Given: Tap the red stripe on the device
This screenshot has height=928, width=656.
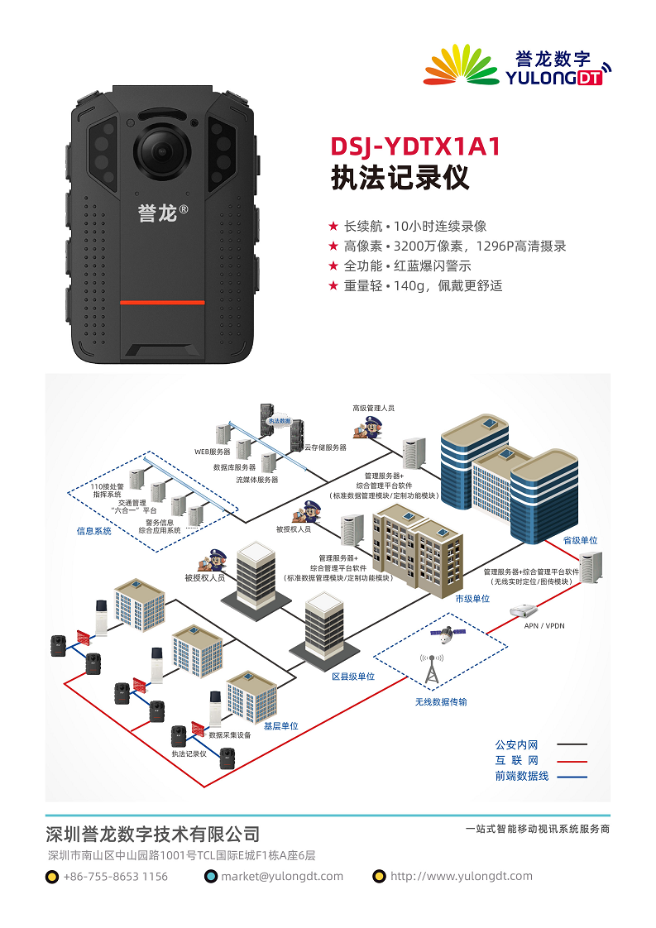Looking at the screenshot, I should [x=162, y=303].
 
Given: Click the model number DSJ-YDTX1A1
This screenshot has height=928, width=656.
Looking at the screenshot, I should [x=415, y=147].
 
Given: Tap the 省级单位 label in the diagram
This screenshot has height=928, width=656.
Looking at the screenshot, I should [x=580, y=540].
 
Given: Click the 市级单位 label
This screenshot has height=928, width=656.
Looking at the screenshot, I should [x=472, y=598].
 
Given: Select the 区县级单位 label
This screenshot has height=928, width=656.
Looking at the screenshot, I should [x=353, y=676].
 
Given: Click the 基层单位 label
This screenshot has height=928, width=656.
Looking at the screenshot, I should [x=280, y=725].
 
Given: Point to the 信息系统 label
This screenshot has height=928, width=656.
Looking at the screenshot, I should [x=94, y=531].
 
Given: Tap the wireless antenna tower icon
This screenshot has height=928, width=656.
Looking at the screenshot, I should [x=431, y=671].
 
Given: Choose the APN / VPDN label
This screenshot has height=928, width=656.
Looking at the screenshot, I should [x=544, y=625].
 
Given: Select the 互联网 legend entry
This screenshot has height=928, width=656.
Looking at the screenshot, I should [x=517, y=760].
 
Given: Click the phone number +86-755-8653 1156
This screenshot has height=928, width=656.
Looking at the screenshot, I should [x=115, y=877].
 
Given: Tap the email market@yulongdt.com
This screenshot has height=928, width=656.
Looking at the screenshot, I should [x=281, y=877].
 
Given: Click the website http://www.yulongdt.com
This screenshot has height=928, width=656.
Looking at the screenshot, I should [x=461, y=877].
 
